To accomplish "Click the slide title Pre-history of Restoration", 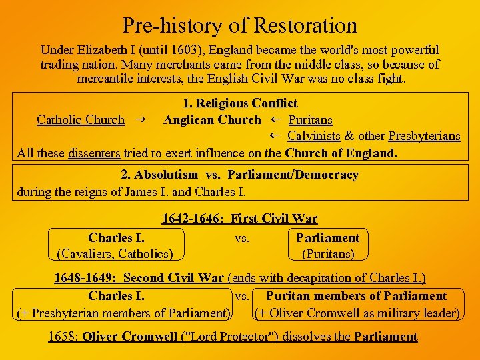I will coord(240,25).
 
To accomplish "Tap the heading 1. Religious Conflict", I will coord(240,103).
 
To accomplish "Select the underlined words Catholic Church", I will coord(81,120).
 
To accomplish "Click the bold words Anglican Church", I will coord(212,120).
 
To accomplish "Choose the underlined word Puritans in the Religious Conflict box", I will coord(310,120).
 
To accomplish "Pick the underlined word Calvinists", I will coord(314,136).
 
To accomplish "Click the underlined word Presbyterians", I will coord(424,136).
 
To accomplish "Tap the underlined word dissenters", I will coord(94,153).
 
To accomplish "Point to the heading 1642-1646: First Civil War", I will coord(239,218).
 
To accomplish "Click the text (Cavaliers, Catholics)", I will coord(115,253).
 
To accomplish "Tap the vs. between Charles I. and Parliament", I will coord(242,237).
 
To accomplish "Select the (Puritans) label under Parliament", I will coord(328,253).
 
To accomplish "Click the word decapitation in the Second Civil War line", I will coord(329,277).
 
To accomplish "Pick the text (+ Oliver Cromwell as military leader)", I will coord(357,313).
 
